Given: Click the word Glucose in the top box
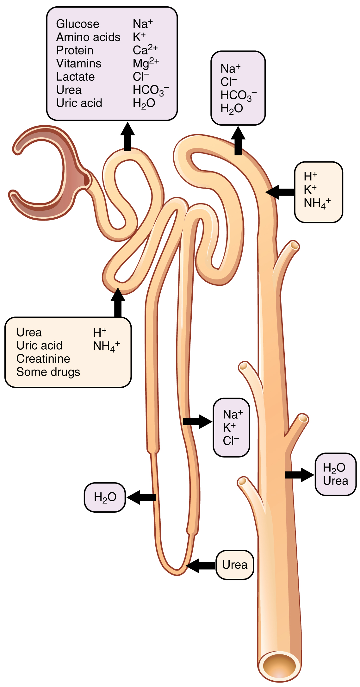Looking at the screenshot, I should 78,24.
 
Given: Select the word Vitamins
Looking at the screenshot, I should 79,64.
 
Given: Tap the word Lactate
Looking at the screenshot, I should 75,77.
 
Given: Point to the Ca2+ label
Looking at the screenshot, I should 145,50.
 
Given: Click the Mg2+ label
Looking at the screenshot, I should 146,63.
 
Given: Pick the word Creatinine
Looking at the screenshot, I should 43,359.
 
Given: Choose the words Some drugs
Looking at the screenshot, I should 48,372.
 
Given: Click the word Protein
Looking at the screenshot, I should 75,50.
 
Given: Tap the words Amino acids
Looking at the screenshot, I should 88,37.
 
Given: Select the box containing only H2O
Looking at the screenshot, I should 105,497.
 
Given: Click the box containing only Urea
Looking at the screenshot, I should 235,565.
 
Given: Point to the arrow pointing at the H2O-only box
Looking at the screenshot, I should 141,497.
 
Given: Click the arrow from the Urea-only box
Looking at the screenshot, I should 200,565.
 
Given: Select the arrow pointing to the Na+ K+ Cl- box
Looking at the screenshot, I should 197,422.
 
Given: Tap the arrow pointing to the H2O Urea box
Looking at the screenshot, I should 299,475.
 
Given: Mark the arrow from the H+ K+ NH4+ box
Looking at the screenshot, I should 280,192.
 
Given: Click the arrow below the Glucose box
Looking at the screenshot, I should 127,137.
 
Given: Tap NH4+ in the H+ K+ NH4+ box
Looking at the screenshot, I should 317,203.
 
